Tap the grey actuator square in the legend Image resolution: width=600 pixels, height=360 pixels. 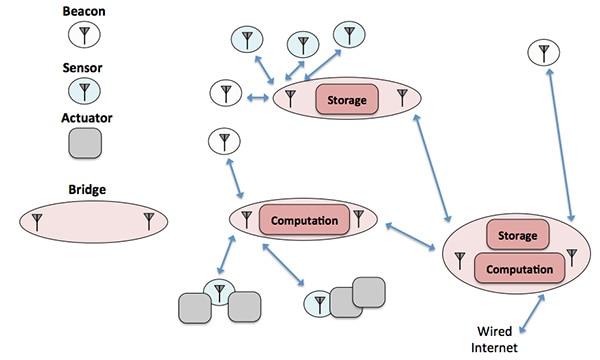83,143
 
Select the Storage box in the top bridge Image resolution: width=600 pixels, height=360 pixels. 347,100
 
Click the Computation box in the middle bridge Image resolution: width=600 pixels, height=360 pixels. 303,219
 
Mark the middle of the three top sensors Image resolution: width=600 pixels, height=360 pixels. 301,43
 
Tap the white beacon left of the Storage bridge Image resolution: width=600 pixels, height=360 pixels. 225,95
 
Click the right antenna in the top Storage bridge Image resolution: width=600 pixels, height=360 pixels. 402,97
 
